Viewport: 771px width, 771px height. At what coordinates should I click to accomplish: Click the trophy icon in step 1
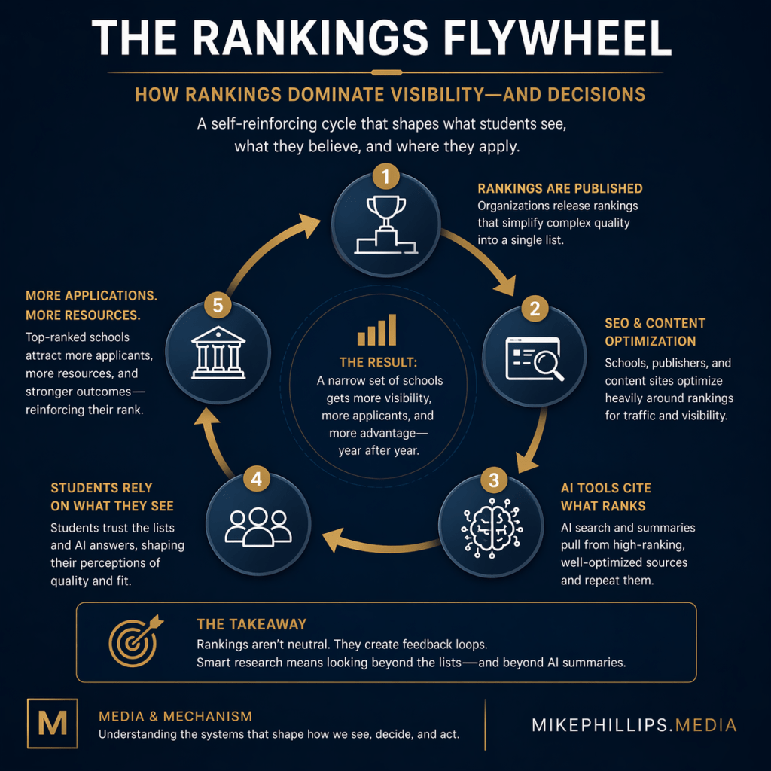[385, 223]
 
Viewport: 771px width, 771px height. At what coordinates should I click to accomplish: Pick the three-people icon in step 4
[258, 525]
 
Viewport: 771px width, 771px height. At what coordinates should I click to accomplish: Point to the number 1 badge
[385, 178]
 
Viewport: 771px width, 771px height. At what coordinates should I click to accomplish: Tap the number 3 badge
[494, 480]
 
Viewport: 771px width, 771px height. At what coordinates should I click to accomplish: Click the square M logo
[52, 724]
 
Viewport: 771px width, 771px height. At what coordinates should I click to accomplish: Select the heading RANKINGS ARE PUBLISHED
[560, 188]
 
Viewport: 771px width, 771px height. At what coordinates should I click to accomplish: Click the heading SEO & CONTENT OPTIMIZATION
[655, 332]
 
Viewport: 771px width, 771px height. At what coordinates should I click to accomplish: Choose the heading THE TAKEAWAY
[251, 624]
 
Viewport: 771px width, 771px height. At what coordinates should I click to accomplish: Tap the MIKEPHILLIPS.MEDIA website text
[634, 725]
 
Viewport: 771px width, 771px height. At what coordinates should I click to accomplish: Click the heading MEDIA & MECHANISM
[175, 716]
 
